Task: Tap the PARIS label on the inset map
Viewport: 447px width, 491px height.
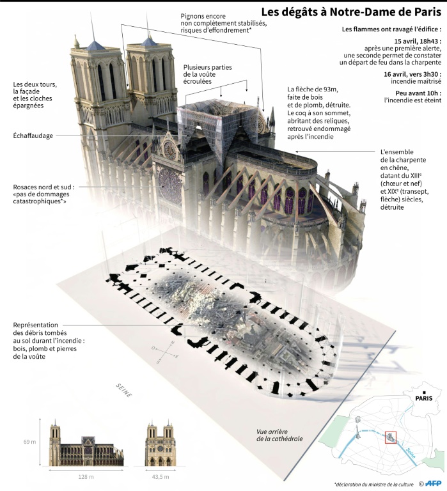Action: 423,398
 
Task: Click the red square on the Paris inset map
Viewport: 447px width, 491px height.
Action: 390,437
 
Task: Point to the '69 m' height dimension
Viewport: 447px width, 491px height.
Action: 30,441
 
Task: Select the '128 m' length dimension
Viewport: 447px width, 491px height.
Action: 86,478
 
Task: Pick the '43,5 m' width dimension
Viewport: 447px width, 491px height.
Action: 161,478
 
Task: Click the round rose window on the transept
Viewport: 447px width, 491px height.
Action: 170,186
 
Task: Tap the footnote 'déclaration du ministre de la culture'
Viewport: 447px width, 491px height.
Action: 374,483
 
